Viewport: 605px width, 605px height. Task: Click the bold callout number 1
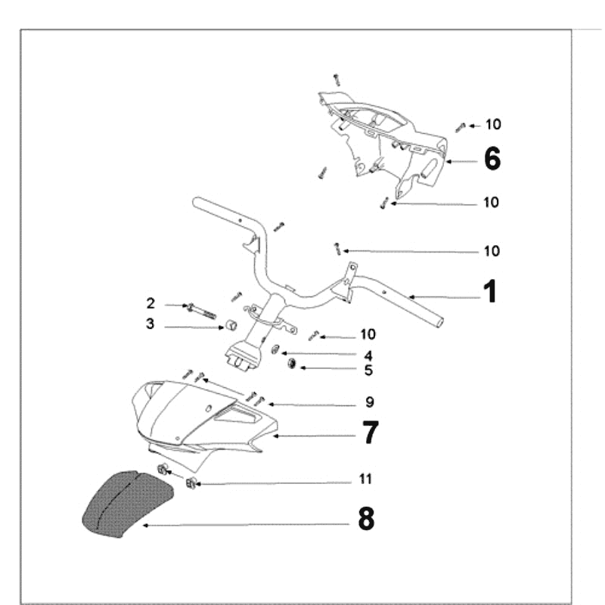490,291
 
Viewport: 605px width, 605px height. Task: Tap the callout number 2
150,303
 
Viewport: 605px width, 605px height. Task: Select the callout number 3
150,324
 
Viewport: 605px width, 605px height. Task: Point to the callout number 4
368,355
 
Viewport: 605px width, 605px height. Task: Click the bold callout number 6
492,159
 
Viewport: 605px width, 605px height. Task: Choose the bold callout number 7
370,433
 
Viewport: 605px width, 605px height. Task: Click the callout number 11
366,479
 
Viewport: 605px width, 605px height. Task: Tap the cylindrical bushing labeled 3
226,327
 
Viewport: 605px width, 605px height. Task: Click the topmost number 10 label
492,125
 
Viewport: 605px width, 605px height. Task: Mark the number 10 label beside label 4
368,334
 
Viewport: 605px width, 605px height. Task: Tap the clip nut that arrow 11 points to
191,482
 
